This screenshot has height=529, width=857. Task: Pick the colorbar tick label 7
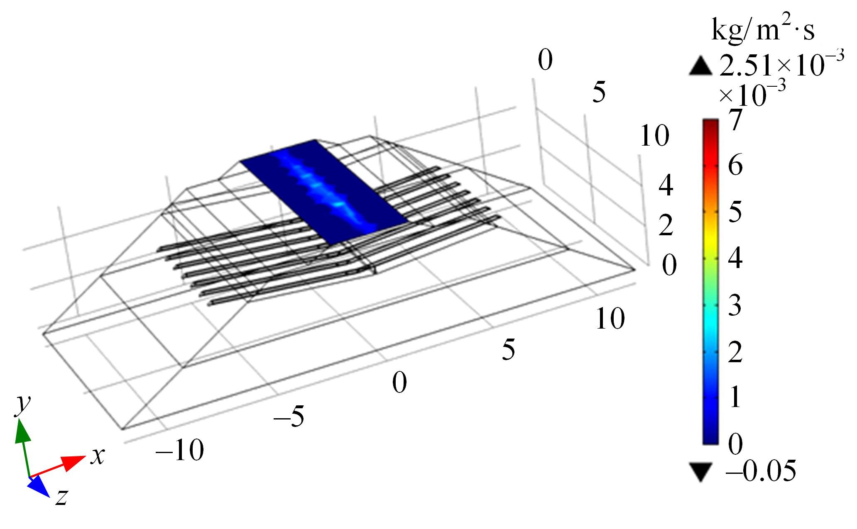[x=735, y=120]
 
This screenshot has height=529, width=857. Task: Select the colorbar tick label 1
[x=735, y=397]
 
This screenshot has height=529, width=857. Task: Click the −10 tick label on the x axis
[x=179, y=450]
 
